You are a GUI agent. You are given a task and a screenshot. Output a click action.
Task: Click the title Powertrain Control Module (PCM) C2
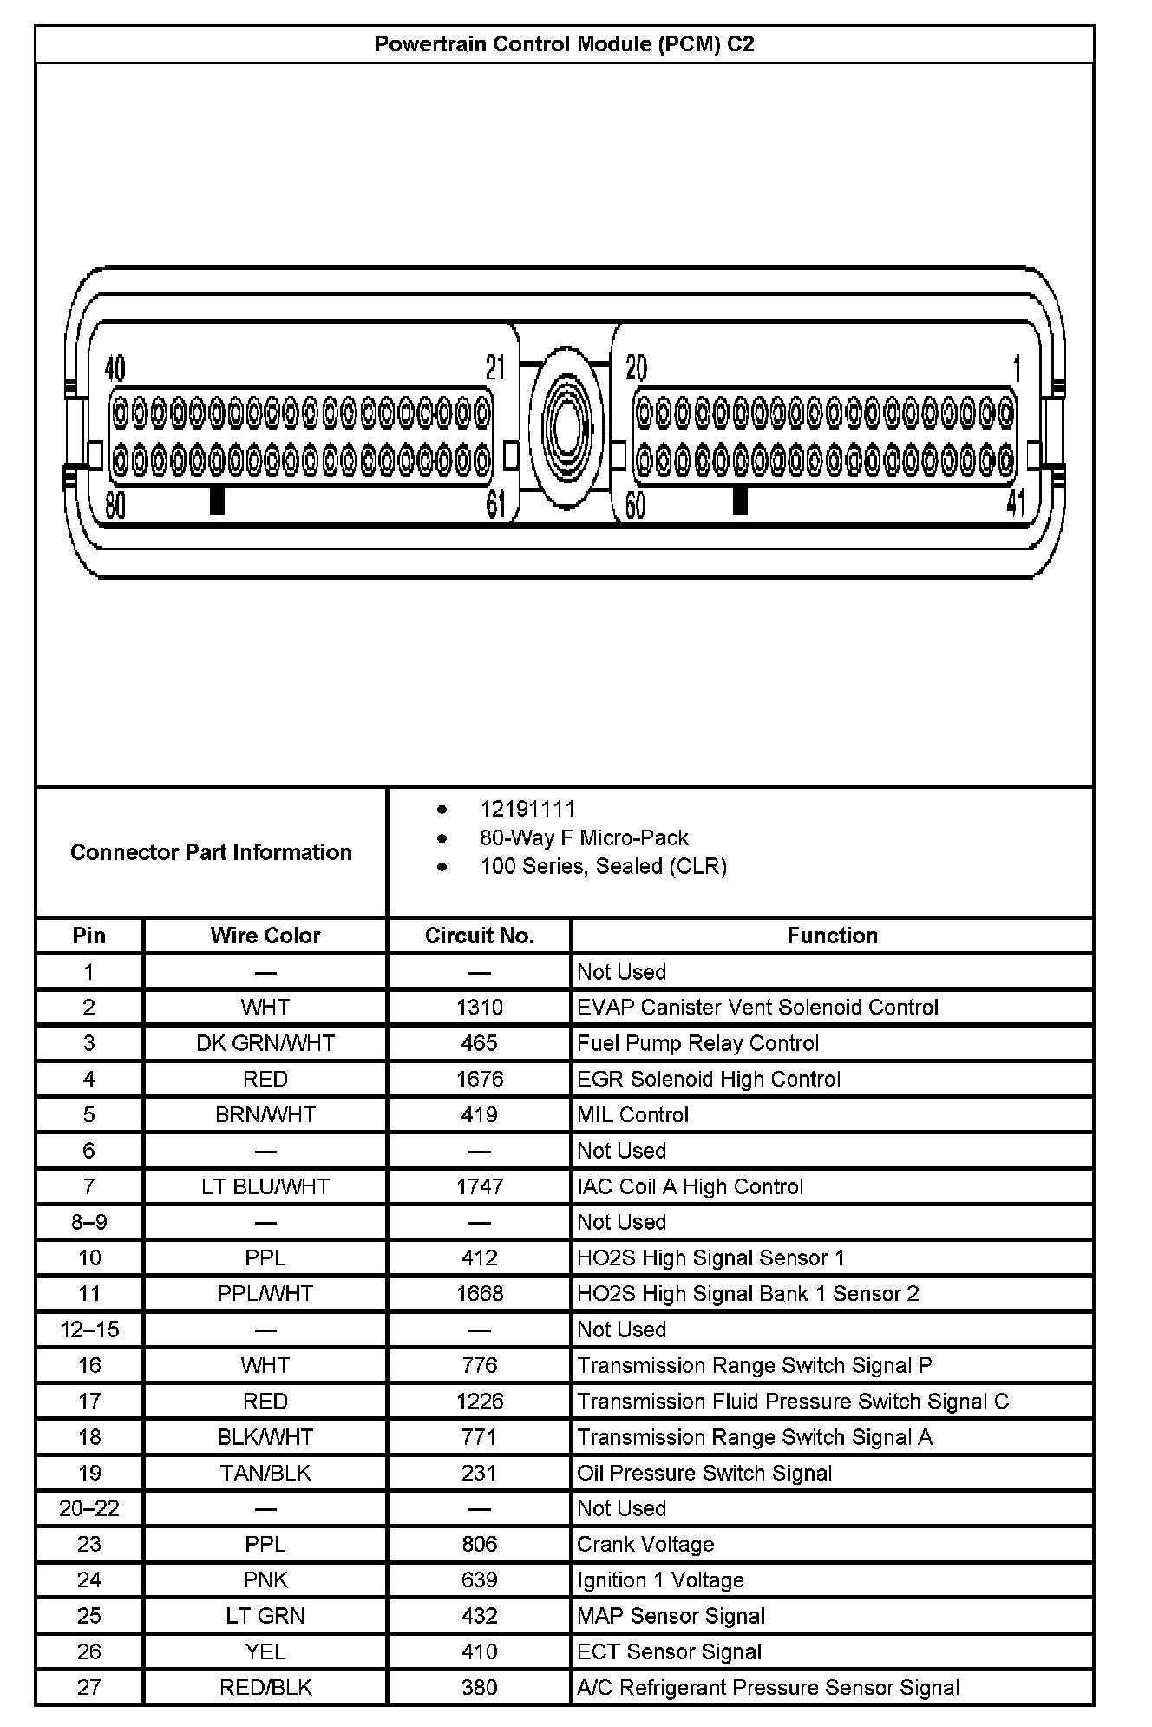tap(564, 44)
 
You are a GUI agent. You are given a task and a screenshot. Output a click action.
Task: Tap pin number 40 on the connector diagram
tap(115, 370)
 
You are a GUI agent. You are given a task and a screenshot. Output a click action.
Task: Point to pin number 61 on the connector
tap(495, 504)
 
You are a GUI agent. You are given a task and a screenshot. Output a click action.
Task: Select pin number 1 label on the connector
tap(1017, 369)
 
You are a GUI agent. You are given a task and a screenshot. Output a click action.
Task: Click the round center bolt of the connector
tap(566, 428)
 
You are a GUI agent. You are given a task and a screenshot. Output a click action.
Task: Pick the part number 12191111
tap(527, 810)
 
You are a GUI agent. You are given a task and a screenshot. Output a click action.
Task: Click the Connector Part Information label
tap(211, 852)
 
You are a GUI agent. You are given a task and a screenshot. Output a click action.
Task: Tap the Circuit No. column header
tap(479, 936)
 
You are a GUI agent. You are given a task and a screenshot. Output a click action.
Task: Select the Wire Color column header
tap(265, 936)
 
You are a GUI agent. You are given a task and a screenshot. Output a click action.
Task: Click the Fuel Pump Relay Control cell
tap(697, 1043)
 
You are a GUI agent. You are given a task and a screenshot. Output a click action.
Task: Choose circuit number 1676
tap(479, 1079)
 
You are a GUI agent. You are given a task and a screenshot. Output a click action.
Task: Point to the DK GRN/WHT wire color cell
tap(265, 1043)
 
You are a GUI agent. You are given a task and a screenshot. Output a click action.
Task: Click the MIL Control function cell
tap(632, 1115)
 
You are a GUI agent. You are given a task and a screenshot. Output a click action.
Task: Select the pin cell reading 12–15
tap(89, 1330)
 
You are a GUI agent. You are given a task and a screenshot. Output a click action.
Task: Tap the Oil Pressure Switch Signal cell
tap(704, 1473)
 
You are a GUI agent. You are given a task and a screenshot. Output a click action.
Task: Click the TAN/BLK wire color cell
tap(265, 1473)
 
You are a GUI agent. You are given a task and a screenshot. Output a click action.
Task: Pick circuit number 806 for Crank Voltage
tap(479, 1544)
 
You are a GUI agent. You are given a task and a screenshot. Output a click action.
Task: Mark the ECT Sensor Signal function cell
tap(669, 1651)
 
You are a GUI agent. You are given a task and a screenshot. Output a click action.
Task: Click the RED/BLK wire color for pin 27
tap(265, 1687)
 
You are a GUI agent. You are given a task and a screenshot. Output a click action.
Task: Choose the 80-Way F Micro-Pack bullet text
tap(584, 838)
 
